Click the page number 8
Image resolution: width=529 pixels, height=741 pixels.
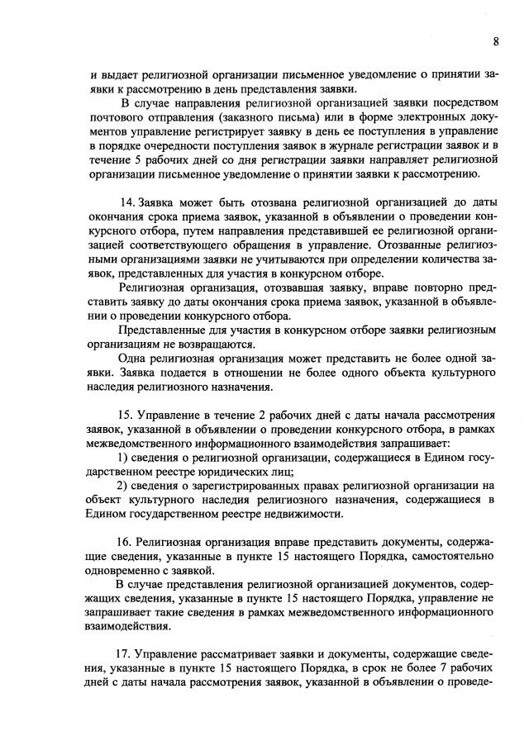click(495, 41)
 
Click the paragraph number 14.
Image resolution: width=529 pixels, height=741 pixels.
click(128, 202)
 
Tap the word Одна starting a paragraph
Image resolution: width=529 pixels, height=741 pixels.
click(136, 359)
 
